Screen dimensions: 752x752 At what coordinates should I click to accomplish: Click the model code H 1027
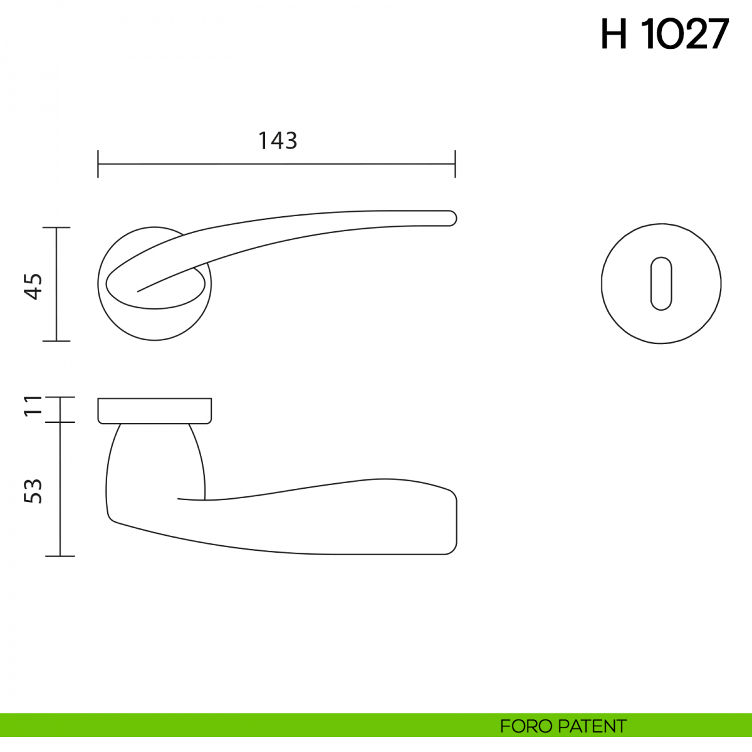665,34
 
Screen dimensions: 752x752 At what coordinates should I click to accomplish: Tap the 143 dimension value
278,140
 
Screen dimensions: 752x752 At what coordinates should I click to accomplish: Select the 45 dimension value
34,286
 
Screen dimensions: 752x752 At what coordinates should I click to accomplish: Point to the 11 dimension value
33,406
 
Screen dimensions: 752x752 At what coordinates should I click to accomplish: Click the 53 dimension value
33,491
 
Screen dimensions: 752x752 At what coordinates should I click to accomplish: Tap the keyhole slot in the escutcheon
661,284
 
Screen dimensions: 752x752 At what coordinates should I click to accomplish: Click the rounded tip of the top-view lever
452,218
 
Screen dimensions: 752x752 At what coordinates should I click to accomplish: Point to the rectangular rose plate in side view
155,411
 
